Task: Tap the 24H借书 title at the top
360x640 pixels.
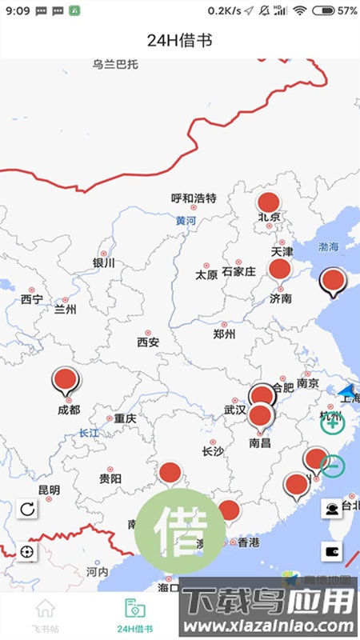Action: click(179, 39)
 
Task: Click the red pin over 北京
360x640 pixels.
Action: click(269, 203)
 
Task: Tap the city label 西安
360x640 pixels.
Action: click(148, 342)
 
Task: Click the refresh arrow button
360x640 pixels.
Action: click(27, 509)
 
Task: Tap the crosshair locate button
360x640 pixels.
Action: click(27, 552)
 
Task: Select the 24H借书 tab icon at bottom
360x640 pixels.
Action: click(135, 609)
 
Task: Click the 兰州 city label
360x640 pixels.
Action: click(65, 310)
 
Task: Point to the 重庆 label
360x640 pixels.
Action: click(125, 418)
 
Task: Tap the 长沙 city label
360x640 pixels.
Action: click(213, 451)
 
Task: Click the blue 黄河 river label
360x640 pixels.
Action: click(186, 220)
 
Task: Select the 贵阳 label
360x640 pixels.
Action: click(110, 478)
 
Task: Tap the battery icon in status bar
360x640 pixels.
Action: click(325, 11)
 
